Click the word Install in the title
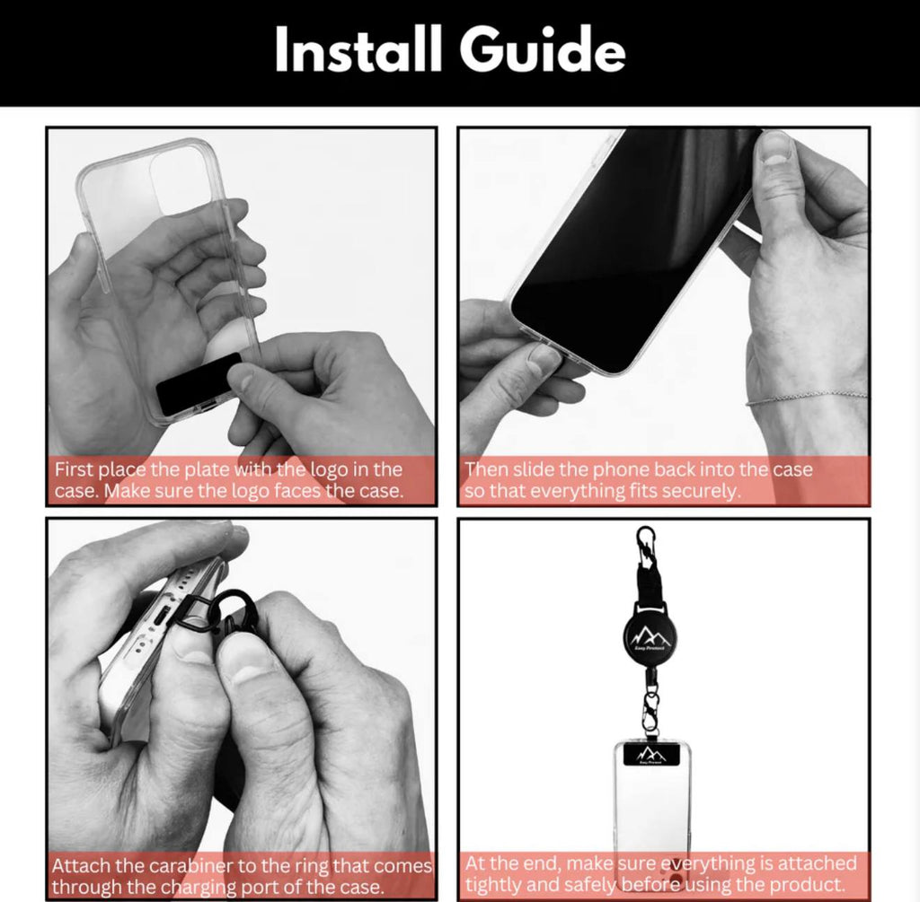(x=358, y=51)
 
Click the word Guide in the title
(x=544, y=51)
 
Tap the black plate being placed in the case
(x=199, y=384)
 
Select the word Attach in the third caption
(x=77, y=867)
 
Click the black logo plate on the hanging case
(x=653, y=757)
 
